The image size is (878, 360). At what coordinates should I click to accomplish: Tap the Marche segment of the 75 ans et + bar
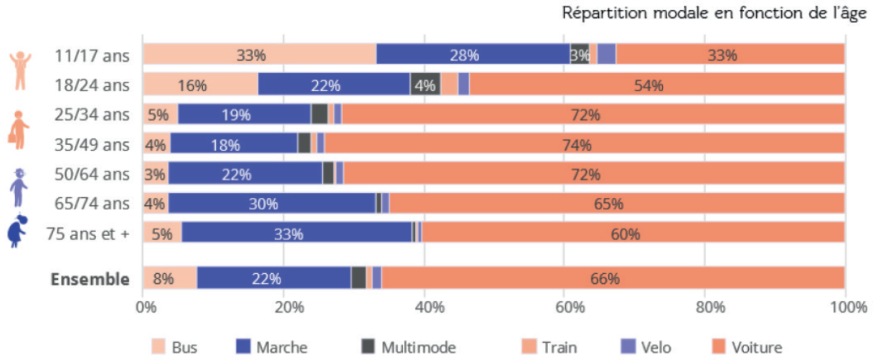297,234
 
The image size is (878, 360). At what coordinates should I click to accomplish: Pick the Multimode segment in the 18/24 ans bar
425,85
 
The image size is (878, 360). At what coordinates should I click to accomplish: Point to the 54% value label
648,85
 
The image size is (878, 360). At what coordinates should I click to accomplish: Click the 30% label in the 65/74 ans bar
263,204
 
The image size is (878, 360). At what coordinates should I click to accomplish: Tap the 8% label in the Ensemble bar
164,279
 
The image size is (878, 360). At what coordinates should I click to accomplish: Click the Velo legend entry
646,348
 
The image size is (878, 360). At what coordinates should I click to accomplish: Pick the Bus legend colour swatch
159,348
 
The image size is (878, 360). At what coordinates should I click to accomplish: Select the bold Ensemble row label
90,280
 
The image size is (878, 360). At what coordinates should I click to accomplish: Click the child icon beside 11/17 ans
19,70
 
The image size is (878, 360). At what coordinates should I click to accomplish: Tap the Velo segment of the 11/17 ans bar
607,55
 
